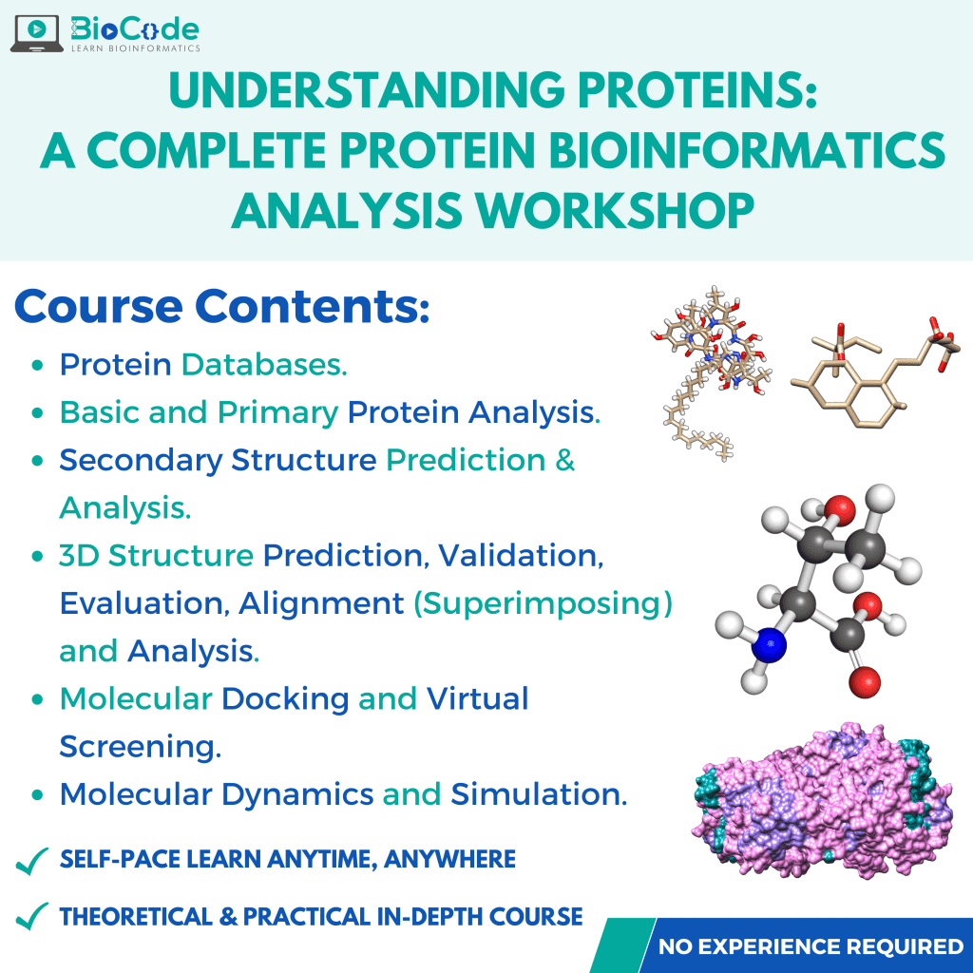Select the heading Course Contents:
coord(222,307)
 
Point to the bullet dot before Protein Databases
coord(37,365)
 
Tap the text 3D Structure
coord(156,555)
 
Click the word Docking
coord(285,699)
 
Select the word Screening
coord(140,747)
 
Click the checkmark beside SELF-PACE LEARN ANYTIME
coord(33,861)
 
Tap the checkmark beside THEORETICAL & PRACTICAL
coord(33,917)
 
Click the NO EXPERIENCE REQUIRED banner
coord(811,946)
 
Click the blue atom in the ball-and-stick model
coord(771,646)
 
